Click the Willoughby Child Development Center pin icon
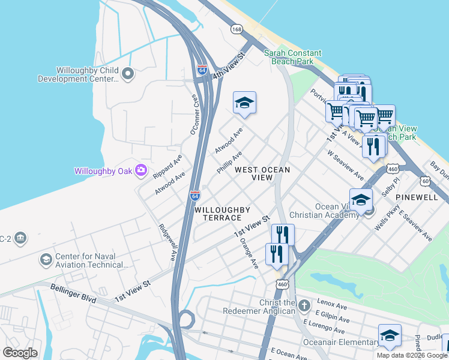(127, 74)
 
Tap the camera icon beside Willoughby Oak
(141, 171)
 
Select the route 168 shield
(237, 29)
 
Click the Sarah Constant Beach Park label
(293, 58)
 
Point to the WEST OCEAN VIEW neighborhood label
(262, 174)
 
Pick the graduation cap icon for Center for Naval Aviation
(46, 260)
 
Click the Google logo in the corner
(20, 353)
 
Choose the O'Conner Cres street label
(194, 114)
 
